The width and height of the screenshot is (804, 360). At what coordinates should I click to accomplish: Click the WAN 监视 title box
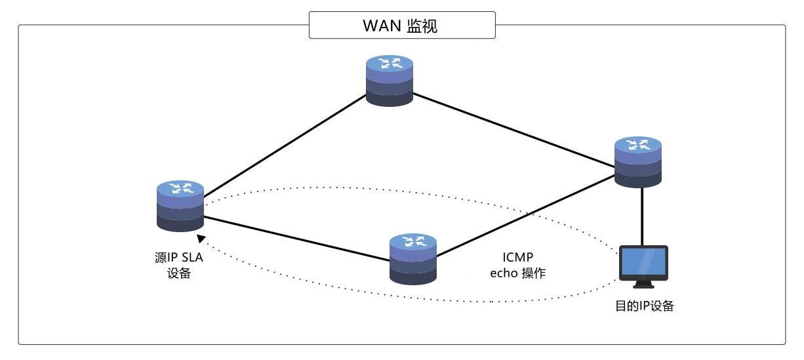pyautogui.click(x=401, y=26)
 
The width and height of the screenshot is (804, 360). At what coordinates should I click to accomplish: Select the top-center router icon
pyautogui.click(x=390, y=81)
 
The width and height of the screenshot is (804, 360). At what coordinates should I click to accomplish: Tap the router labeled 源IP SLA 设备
pyautogui.click(x=180, y=206)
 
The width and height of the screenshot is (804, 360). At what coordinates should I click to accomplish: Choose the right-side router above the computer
pyautogui.click(x=638, y=162)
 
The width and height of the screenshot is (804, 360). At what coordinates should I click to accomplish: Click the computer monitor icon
pyautogui.click(x=643, y=263)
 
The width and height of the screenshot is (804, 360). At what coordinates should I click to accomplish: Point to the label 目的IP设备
pyautogui.click(x=644, y=306)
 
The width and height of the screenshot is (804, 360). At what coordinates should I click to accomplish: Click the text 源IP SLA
pyautogui.click(x=179, y=258)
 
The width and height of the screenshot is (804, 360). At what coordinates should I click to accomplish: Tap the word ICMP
pyautogui.click(x=518, y=258)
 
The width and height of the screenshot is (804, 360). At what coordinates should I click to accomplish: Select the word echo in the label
pyautogui.click(x=504, y=273)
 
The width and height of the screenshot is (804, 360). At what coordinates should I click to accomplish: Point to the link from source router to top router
pyautogui.click(x=285, y=146)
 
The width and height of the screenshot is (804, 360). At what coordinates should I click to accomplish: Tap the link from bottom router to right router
pyautogui.click(x=525, y=216)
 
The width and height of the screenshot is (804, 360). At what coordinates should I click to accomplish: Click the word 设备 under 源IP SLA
pyautogui.click(x=179, y=273)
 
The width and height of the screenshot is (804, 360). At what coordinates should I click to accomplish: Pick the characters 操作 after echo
pyautogui.click(x=534, y=273)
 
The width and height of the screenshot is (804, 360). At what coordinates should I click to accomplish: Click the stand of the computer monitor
pyautogui.click(x=643, y=285)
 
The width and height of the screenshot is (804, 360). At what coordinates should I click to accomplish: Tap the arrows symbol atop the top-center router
pyautogui.click(x=390, y=63)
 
